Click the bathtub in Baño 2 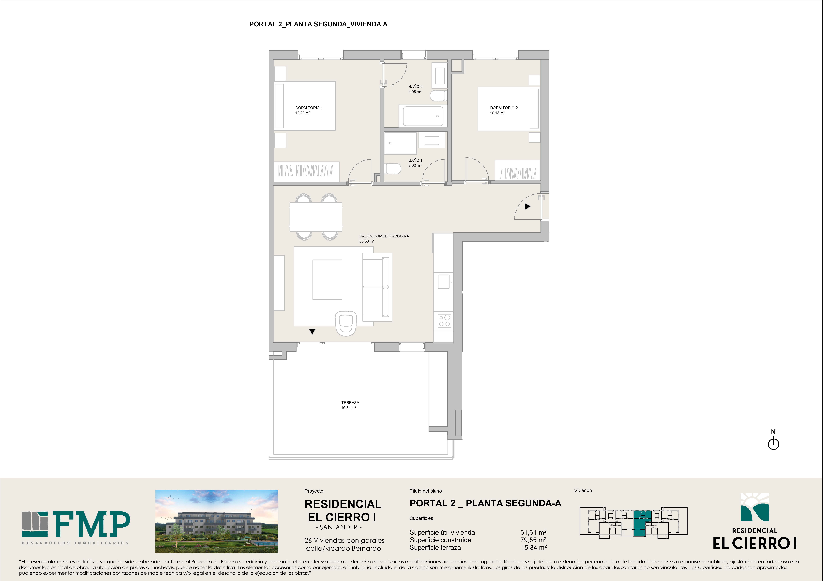tap(423, 116)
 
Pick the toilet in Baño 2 tap(438, 96)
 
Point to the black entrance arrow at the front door tap(527, 206)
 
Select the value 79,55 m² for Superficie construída tap(533, 540)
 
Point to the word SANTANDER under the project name tap(338, 527)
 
